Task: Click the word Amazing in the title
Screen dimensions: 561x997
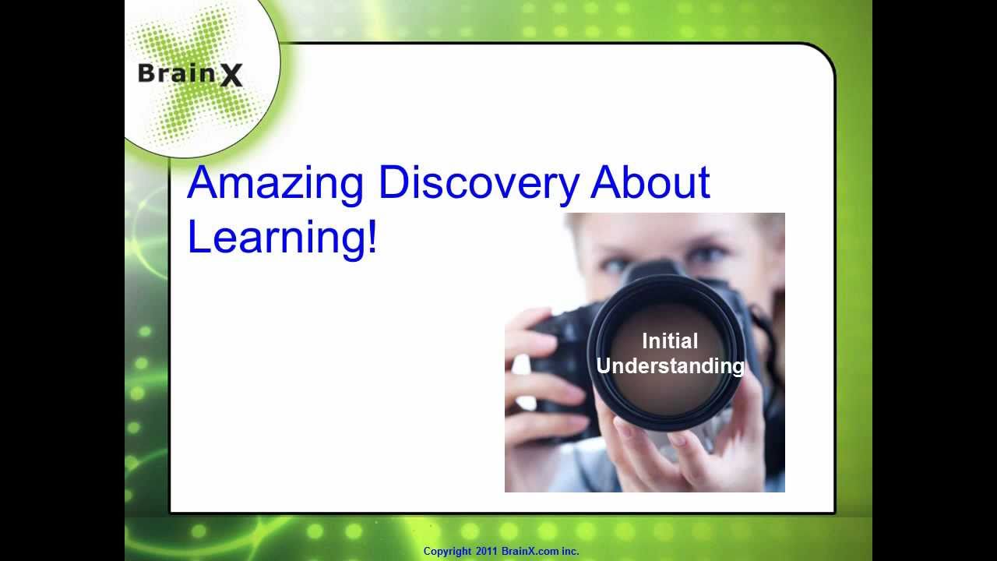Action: [x=275, y=184]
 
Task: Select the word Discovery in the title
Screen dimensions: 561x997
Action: [x=478, y=184]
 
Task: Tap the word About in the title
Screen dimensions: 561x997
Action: [x=650, y=182]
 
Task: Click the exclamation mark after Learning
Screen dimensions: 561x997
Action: [x=371, y=236]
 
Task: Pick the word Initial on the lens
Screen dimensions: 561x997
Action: [x=670, y=341]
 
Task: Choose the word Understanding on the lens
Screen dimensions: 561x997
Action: [x=670, y=365]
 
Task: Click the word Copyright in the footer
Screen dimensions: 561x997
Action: [x=447, y=552]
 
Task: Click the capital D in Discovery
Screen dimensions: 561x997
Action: [x=393, y=184]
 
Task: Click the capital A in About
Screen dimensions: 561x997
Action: [x=604, y=184]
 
